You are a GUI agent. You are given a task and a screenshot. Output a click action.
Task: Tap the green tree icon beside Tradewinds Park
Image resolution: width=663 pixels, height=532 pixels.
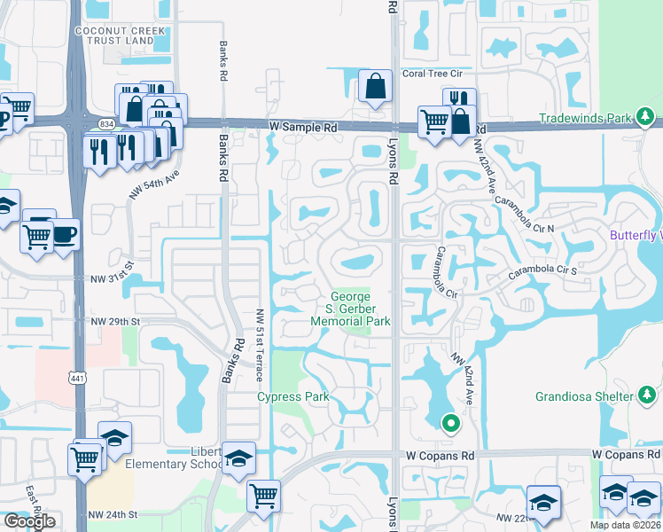pyautogui.click(x=647, y=117)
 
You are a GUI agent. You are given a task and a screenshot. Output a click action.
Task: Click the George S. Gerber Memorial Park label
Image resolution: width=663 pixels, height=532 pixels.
pyautogui.click(x=361, y=309)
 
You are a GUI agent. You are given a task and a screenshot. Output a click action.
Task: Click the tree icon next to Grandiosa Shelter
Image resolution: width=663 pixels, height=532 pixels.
pyautogui.click(x=647, y=394)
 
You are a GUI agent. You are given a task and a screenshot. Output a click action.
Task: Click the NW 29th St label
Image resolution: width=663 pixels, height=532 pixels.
pyautogui.click(x=114, y=320)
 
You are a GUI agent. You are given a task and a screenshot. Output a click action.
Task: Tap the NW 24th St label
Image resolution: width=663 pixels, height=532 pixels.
pyautogui.click(x=113, y=514)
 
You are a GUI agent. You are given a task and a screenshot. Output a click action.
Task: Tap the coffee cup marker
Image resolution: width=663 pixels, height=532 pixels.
pyautogui.click(x=65, y=235)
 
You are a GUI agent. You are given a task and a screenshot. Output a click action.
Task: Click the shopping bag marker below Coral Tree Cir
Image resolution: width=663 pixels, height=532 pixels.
pyautogui.click(x=376, y=87)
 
